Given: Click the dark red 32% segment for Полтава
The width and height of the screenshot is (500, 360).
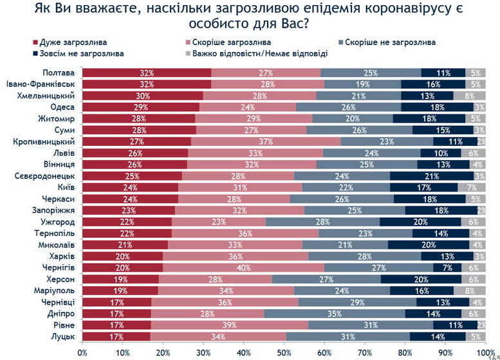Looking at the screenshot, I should click(x=147, y=72).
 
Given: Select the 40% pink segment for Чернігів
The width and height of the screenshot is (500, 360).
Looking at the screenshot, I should click(x=243, y=267).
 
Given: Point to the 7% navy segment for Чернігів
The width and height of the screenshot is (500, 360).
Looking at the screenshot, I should click(x=447, y=267).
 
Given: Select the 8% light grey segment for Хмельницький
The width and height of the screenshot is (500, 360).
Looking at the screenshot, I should click(x=471, y=95).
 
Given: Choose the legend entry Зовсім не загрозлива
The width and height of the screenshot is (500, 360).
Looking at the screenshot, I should click(x=81, y=53).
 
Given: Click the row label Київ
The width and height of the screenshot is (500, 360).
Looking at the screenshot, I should click(x=67, y=187).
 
